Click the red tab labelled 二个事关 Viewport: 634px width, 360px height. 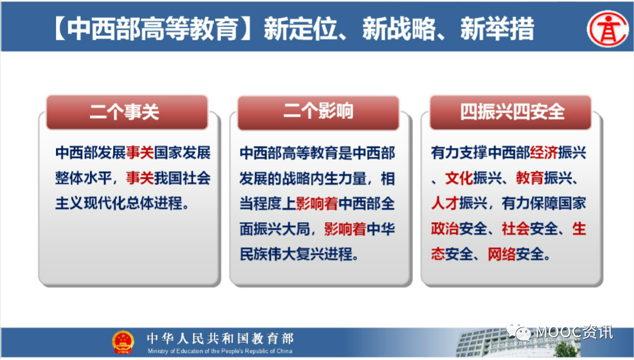pyautogui.click(x=127, y=112)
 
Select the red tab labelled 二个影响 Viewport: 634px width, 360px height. pyautogui.click(x=318, y=112)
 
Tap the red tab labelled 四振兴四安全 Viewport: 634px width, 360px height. pyautogui.click(x=510, y=112)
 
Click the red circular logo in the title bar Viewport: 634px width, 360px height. pyautogui.click(x=608, y=29)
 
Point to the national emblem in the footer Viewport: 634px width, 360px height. pyautogui.click(x=123, y=342)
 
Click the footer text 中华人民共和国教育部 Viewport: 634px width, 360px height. pyautogui.click(x=220, y=338)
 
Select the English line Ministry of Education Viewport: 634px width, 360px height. pyautogui.click(x=220, y=351)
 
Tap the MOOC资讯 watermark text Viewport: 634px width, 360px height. pyautogui.click(x=574, y=332)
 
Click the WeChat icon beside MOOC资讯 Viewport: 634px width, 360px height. pyautogui.click(x=519, y=332)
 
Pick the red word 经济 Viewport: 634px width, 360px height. pyautogui.click(x=544, y=153)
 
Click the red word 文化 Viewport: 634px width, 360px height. pyautogui.click(x=459, y=178)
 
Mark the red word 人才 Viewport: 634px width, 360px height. pyautogui.click(x=444, y=203)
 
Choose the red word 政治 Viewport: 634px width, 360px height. pyautogui.click(x=444, y=228)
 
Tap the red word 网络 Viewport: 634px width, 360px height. pyautogui.click(x=501, y=254)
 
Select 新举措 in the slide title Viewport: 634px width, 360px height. pyautogui.click(x=497, y=29)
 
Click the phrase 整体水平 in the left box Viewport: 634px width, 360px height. pyautogui.click(x=83, y=178)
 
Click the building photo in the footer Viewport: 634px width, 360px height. pyautogui.click(x=518, y=344)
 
